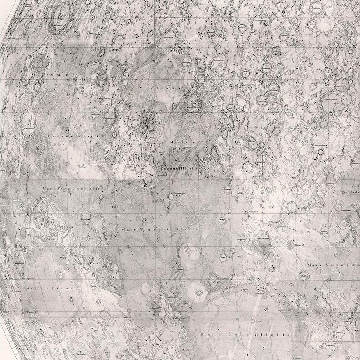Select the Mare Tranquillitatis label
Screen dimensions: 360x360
pyautogui.click(x=160, y=229)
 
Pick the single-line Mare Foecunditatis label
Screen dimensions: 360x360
pyautogui.click(x=70, y=187)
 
